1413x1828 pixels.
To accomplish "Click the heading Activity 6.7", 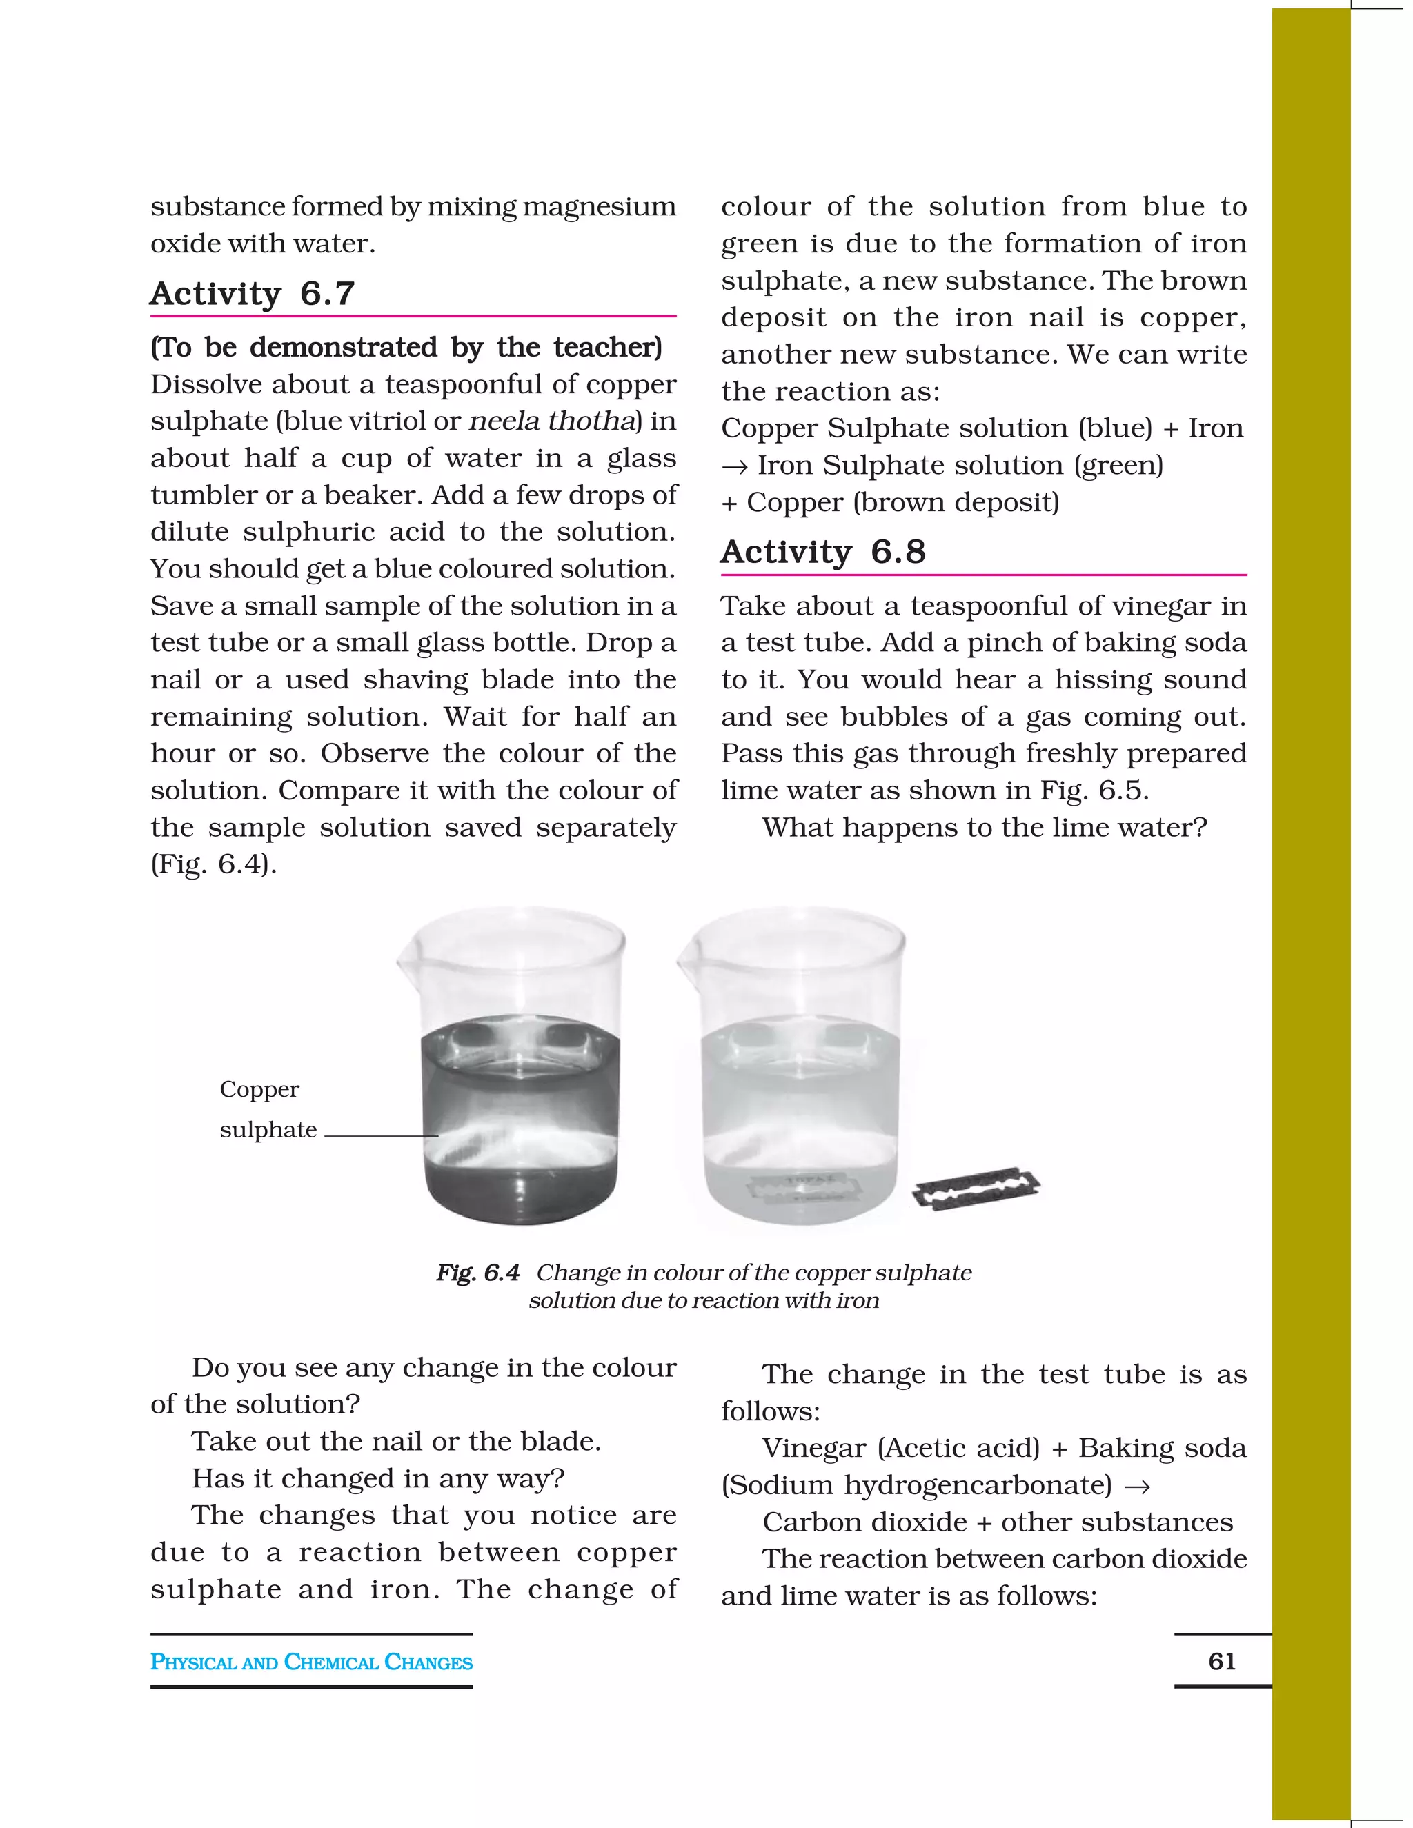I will click(252, 294).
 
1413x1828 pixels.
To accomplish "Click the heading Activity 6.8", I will click(823, 553).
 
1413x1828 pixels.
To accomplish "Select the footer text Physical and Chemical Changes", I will click(311, 1662).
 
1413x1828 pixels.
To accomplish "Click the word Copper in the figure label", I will click(259, 1090).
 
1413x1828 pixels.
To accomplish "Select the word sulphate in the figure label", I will click(268, 1130).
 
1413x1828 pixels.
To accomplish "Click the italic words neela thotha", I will click(550, 421).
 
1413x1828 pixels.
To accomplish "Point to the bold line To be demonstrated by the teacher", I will click(406, 348).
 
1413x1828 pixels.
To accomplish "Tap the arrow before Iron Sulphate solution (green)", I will click(734, 466).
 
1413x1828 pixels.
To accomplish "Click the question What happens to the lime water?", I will click(985, 828).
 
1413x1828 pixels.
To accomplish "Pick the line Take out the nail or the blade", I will click(396, 1441).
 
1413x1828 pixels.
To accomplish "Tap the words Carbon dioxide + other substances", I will click(998, 1522).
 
